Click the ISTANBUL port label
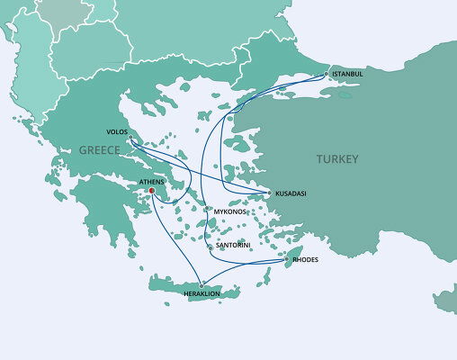pos(347,73)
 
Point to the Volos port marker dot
pos(130,138)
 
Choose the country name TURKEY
pos(337,159)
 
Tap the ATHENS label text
pos(151,181)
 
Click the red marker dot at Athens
pos(151,190)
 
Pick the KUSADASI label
pos(291,193)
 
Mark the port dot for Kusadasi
pos(270,193)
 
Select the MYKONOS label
pos(230,211)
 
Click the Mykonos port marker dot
pos(209,210)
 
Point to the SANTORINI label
pos(234,245)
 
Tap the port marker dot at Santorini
pos(211,245)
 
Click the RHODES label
pos(306,259)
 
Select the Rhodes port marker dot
pos(287,259)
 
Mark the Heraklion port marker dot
pos(201,285)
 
